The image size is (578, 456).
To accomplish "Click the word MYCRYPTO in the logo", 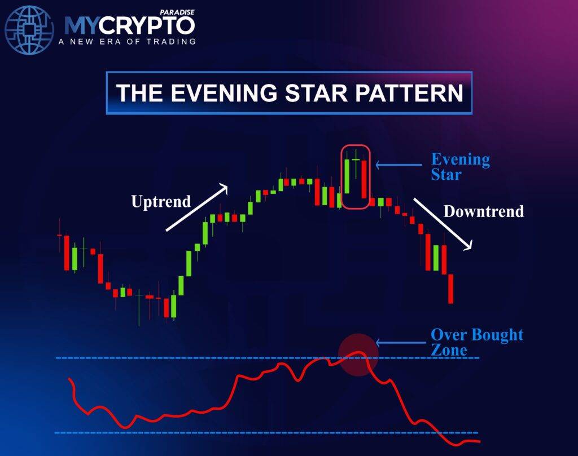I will point(129,25).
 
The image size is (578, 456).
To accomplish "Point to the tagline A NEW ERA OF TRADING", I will point(127,41).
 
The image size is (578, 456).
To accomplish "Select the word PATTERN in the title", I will point(411,93).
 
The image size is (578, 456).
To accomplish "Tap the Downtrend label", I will point(484,211).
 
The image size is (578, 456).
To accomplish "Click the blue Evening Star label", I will point(460,166).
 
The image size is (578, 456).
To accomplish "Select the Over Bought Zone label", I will point(476,342).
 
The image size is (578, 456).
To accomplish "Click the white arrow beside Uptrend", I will point(196,207).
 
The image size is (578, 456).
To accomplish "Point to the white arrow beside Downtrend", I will point(443,224).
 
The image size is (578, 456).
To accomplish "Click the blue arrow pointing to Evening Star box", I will point(399,165).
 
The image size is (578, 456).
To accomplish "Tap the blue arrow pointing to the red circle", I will point(399,342).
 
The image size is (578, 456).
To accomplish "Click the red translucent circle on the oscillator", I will point(357,354).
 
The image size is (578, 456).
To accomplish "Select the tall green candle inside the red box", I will point(348,176).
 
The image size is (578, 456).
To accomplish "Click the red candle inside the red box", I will point(365,179).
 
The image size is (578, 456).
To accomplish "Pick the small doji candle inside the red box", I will point(356,161).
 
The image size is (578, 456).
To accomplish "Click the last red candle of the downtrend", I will point(450,289).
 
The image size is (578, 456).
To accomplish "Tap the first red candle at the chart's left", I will point(67,253).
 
